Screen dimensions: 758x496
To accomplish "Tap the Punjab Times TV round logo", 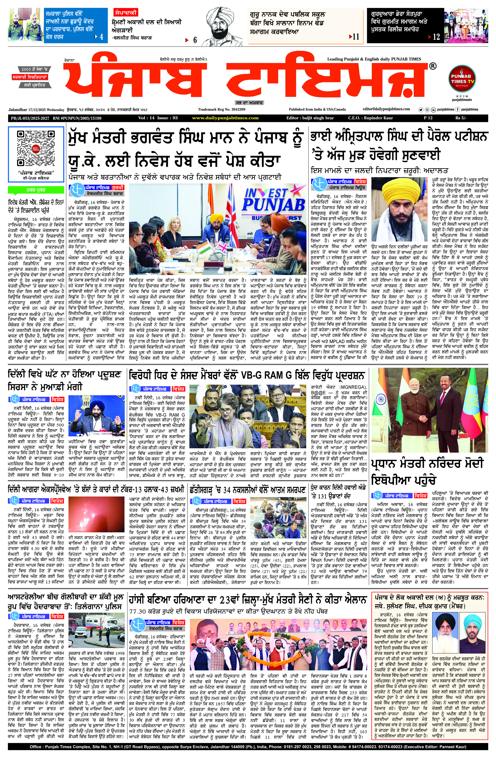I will coord(462,79).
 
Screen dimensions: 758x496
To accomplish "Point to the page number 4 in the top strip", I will coord(101,37).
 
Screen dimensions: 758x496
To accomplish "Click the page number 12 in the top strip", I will coord(436,37).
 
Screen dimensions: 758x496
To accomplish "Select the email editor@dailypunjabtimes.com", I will coord(386,109).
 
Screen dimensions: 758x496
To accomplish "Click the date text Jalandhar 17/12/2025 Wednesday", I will coord(36,110).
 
